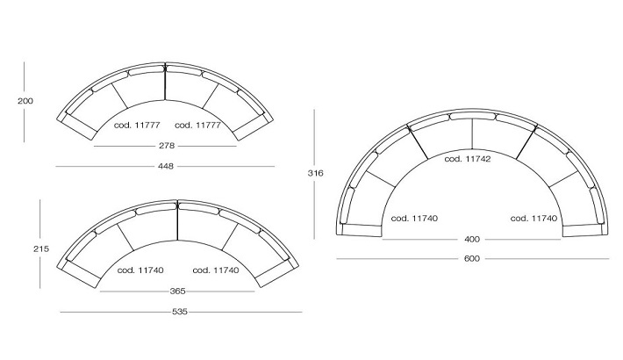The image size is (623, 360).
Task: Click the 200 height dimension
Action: [x=25, y=101]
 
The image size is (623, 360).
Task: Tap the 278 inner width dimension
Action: [x=167, y=146]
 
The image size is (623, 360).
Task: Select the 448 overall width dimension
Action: [x=166, y=166]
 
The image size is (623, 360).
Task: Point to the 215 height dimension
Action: [x=41, y=249]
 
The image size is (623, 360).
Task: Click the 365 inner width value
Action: [x=177, y=292]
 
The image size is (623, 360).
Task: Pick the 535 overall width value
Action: [x=180, y=312]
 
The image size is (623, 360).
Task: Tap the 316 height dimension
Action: [x=316, y=173]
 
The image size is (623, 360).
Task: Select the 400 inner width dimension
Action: [x=472, y=239]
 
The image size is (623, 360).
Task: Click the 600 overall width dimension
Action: [x=472, y=258]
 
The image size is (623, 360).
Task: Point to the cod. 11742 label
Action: [x=468, y=159]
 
